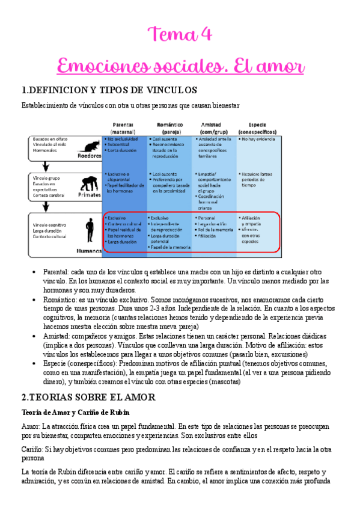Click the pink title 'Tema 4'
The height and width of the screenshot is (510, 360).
180,34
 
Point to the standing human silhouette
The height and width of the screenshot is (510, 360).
90,230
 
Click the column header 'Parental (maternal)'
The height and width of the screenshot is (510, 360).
123,127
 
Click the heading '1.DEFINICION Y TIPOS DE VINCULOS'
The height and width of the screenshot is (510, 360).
109,91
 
